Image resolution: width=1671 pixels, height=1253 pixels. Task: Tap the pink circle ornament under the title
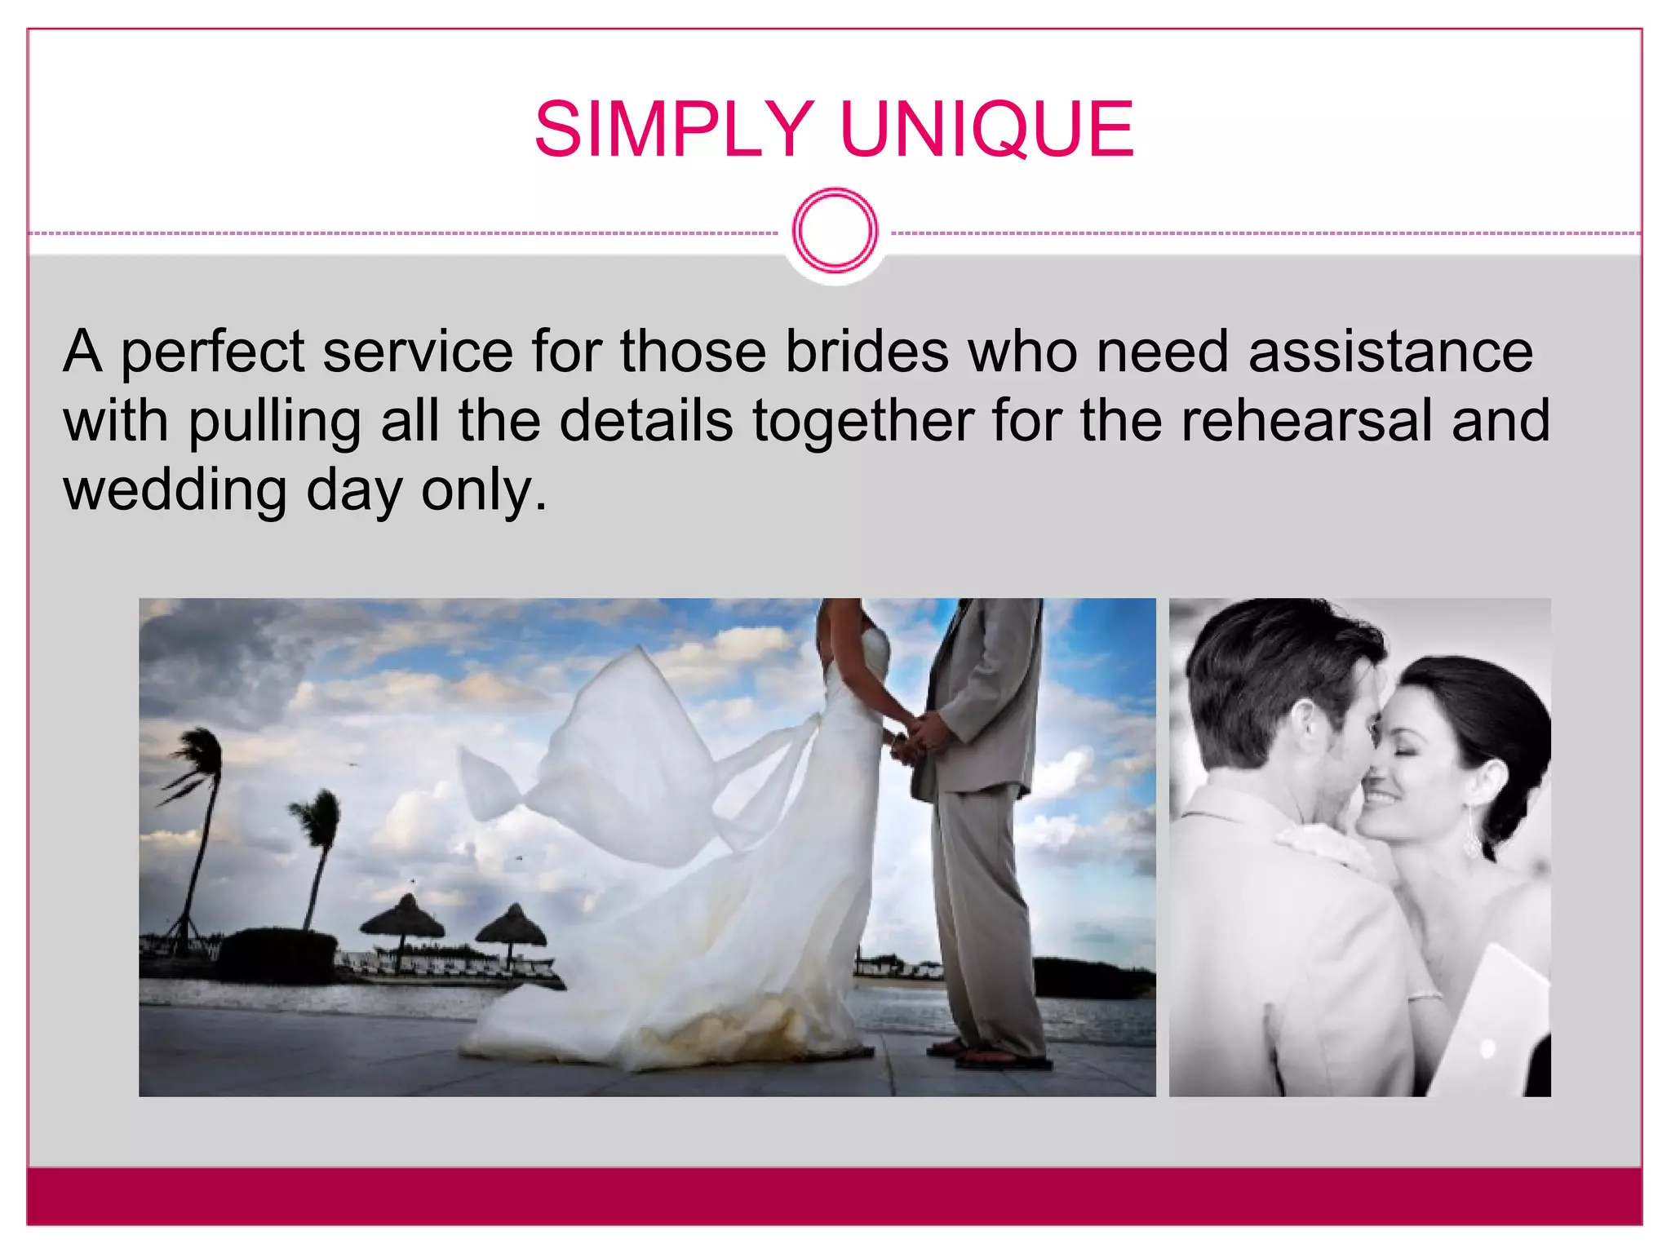coord(835,231)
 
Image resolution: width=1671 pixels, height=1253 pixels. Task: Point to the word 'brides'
coord(867,352)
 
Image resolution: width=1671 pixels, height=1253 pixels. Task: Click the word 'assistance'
coord(1390,352)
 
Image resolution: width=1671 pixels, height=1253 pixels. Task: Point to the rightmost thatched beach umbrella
coord(512,926)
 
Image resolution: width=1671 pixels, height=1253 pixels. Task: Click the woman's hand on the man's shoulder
coord(1322,848)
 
